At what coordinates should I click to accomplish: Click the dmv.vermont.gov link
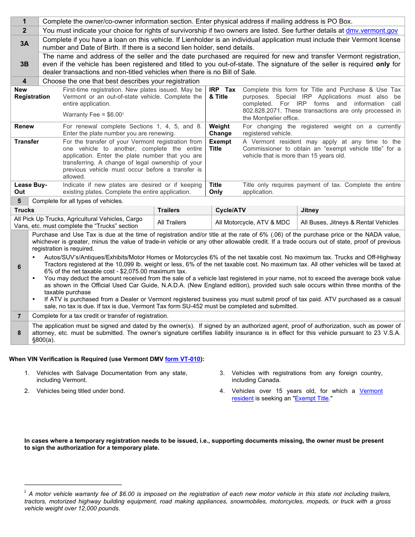coord(372,31)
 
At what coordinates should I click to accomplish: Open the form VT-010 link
coord(183,359)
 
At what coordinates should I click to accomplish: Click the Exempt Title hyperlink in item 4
coord(311,398)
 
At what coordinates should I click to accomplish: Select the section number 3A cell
coord(24,44)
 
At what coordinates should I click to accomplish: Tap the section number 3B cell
coord(24,64)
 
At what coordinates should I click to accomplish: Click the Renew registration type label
coord(24,127)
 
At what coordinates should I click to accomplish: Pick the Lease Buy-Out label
coord(31,188)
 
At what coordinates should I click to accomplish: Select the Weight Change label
coord(220,130)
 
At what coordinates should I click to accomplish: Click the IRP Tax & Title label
coord(222,93)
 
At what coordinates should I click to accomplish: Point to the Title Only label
coord(216,188)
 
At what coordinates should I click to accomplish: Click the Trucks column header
coord(24,210)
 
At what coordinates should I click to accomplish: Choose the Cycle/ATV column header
coord(231,210)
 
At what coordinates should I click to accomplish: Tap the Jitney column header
coord(310,210)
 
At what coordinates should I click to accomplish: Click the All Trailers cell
coord(172,222)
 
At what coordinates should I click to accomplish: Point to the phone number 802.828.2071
coord(263,111)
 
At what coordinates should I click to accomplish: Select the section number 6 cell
coord(19,267)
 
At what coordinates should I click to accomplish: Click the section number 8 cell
coord(19,333)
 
